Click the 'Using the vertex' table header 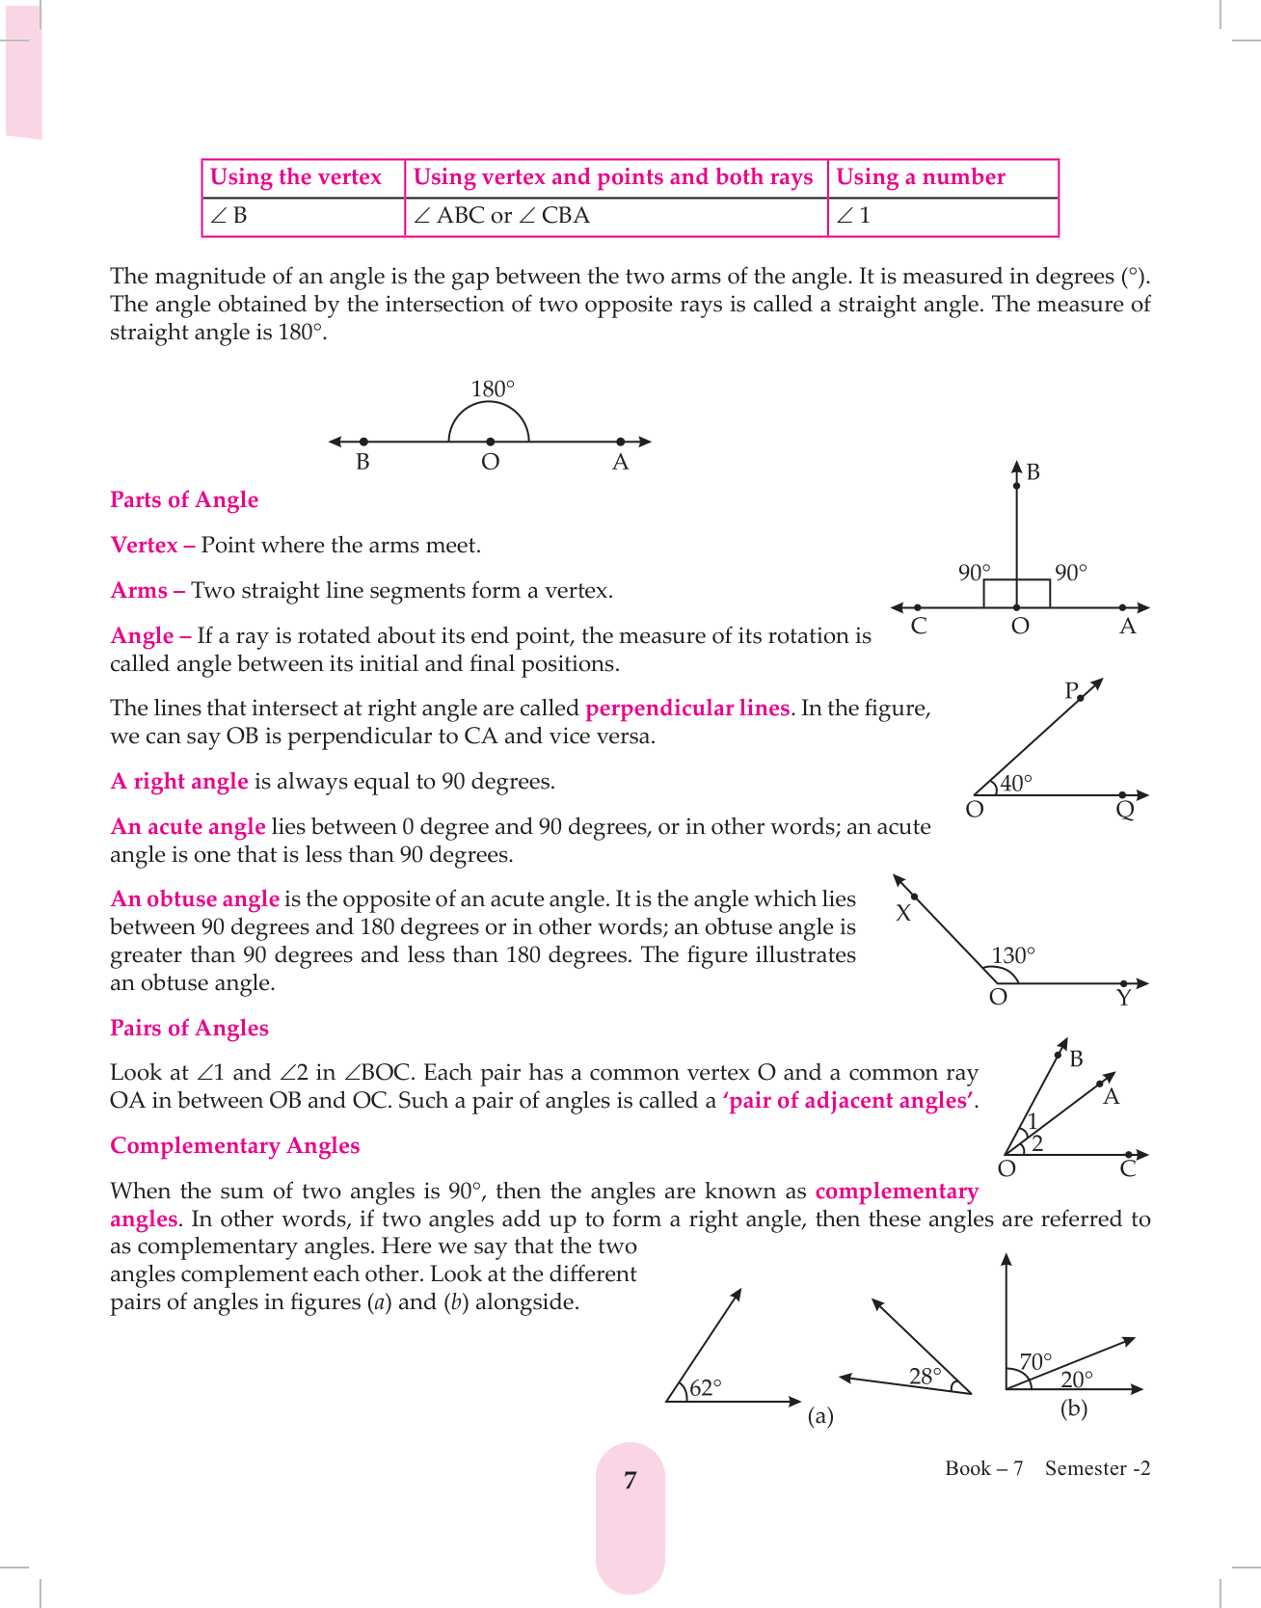[x=296, y=177]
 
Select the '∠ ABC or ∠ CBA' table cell [x=501, y=216]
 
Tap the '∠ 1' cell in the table [x=853, y=216]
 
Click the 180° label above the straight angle [x=493, y=389]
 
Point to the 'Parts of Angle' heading [x=184, y=500]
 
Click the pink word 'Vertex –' [x=152, y=546]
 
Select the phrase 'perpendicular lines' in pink [x=687, y=709]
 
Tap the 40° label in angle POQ [x=1015, y=784]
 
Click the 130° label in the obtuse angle [x=1012, y=956]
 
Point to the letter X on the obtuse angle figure [x=903, y=914]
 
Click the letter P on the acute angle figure [x=1071, y=690]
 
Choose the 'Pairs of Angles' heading [x=189, y=1029]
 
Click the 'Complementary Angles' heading [x=234, y=1146]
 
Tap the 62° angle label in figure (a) [x=706, y=1388]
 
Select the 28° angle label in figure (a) [x=925, y=1377]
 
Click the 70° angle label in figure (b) [x=1035, y=1362]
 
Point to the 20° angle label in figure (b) [x=1077, y=1380]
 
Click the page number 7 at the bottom [x=630, y=1481]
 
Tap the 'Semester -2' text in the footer [x=1097, y=1469]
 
